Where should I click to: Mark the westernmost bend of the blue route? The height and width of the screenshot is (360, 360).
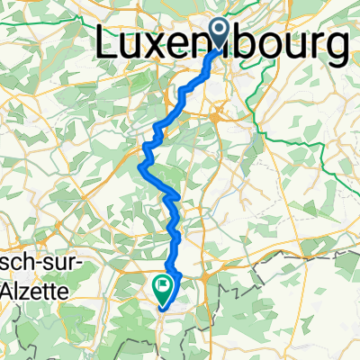(139, 164)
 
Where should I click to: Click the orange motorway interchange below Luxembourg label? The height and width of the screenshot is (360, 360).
(219, 112)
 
